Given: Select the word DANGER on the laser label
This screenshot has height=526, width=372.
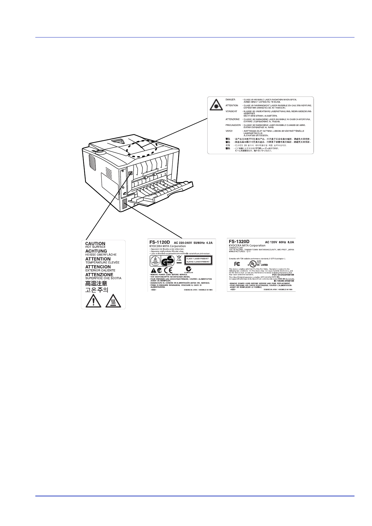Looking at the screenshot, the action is click(230, 100).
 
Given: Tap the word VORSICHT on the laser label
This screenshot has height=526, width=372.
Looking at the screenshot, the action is click(231, 111).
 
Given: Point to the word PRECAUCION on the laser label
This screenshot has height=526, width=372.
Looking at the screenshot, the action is click(233, 125).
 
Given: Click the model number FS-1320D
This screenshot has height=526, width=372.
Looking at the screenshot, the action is click(239, 241).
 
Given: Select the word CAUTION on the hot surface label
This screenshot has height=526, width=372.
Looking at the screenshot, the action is click(95, 244).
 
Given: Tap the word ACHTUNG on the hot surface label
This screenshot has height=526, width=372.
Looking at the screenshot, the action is click(96, 251).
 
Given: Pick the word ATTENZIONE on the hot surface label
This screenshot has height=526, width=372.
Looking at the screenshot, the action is click(99, 275).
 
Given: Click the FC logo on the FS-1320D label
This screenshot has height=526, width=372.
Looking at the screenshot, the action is click(237, 264).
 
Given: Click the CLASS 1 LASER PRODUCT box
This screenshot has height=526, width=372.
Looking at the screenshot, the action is click(198, 260).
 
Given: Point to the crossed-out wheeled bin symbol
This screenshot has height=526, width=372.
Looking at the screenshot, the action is click(179, 259).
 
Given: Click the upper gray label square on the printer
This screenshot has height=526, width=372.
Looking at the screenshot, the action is click(130, 174).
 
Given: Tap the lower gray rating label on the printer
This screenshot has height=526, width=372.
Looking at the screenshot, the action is click(124, 204).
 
